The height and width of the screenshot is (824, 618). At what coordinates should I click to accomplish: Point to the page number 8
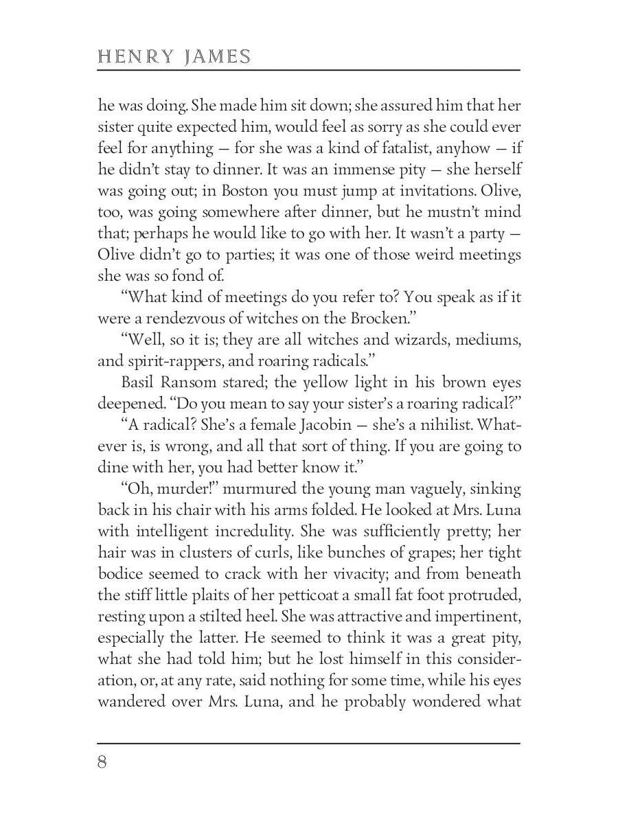[x=102, y=762]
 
